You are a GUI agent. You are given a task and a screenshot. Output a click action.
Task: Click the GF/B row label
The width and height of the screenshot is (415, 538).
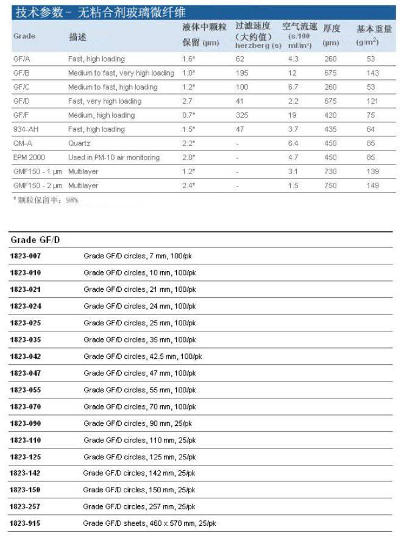pos(21,73)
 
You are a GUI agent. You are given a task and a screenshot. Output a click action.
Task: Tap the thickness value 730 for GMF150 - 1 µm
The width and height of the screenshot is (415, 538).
pos(330,172)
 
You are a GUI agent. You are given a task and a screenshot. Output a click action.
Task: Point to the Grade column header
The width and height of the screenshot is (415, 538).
pos(24,36)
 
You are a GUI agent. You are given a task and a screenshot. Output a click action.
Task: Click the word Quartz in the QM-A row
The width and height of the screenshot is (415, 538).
pos(79,143)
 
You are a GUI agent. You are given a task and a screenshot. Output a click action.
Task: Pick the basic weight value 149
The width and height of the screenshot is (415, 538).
pos(371,186)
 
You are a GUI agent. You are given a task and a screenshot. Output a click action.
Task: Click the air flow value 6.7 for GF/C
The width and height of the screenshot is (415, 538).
pos(294,87)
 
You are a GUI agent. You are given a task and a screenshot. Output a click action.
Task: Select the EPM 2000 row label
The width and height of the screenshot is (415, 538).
pos(29,157)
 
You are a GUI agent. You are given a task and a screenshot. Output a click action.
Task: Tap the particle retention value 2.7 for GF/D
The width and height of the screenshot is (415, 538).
pos(188,101)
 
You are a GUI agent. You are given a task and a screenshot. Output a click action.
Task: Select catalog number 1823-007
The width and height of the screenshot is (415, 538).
pos(26,256)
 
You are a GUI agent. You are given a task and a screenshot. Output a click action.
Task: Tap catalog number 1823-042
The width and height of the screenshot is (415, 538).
pos(26,356)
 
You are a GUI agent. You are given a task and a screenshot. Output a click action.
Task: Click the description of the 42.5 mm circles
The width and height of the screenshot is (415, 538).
pos(143,356)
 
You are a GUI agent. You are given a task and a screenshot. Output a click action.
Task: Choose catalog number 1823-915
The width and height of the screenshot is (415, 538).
pos(26,523)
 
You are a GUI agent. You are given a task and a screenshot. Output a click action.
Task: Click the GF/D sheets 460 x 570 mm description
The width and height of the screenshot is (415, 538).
pos(149,523)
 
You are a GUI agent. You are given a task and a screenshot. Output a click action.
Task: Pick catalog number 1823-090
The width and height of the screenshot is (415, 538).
pos(26,423)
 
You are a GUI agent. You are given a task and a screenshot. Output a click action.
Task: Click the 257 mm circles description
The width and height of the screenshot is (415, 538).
pos(140,507)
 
